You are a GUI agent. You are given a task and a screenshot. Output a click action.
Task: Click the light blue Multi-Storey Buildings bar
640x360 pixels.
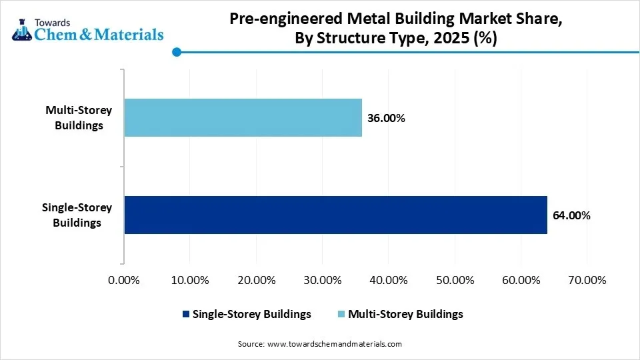[x=243, y=118]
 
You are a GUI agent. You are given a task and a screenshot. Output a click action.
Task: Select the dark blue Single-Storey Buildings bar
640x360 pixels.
[x=335, y=215]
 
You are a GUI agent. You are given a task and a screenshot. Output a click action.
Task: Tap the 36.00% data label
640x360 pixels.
[x=386, y=119]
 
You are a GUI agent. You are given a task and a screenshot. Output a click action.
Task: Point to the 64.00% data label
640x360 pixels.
[x=571, y=215]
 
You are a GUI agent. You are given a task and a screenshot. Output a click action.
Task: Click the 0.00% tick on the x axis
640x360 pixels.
[x=124, y=281]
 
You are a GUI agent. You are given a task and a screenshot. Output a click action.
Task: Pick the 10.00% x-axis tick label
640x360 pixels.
[x=190, y=281]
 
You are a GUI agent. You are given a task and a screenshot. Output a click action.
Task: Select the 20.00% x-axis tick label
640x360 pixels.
[x=256, y=281]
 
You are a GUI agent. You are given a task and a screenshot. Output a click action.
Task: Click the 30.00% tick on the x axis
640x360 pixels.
[x=322, y=281]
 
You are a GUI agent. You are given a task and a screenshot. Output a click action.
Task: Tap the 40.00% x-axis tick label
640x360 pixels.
[x=388, y=281]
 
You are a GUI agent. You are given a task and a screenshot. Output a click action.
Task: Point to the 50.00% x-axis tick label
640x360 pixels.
[x=454, y=281]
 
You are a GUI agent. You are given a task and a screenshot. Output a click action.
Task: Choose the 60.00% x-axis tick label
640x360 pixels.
[x=520, y=281]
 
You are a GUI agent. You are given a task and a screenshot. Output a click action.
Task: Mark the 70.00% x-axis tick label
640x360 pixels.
[x=586, y=281]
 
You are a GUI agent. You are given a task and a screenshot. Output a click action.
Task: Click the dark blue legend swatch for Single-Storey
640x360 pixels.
[x=185, y=314]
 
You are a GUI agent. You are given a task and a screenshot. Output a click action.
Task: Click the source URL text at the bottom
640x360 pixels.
[x=319, y=344]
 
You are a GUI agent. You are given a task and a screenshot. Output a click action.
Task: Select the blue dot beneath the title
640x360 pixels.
[x=176, y=52]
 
